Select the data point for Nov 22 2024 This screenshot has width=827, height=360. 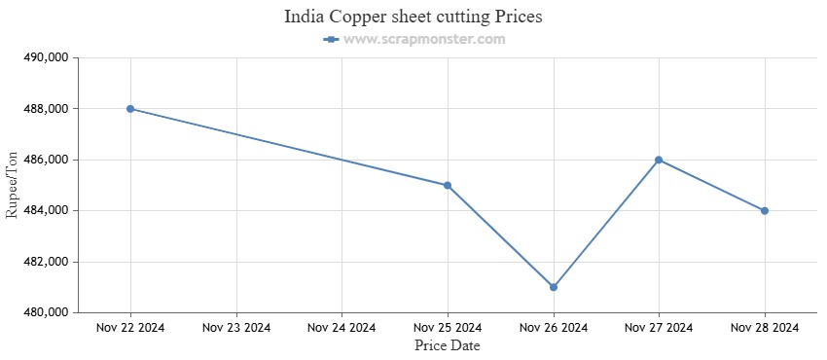click(130, 109)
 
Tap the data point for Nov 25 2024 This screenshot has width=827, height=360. click(448, 185)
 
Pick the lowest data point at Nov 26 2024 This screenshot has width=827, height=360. click(554, 287)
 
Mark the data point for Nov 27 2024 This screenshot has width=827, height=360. click(659, 160)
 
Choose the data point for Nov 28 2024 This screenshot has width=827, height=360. click(765, 210)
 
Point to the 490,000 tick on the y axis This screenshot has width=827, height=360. click(44, 57)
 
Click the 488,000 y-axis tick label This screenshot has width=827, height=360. click(44, 109)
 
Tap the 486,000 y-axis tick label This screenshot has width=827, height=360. click(44, 160)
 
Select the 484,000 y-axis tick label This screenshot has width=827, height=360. click(44, 211)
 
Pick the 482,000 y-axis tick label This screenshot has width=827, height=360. click(44, 262)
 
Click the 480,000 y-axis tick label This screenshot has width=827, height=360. click(44, 312)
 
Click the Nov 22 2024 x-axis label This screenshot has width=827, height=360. click(130, 328)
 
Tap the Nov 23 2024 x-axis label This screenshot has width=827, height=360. click(236, 328)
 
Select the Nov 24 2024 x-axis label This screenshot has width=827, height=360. click(342, 328)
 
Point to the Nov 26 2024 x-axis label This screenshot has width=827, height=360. click(554, 328)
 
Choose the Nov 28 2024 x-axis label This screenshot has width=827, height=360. click(765, 328)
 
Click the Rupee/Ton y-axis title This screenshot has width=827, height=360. click(13, 185)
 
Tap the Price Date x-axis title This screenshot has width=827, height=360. click(447, 345)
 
